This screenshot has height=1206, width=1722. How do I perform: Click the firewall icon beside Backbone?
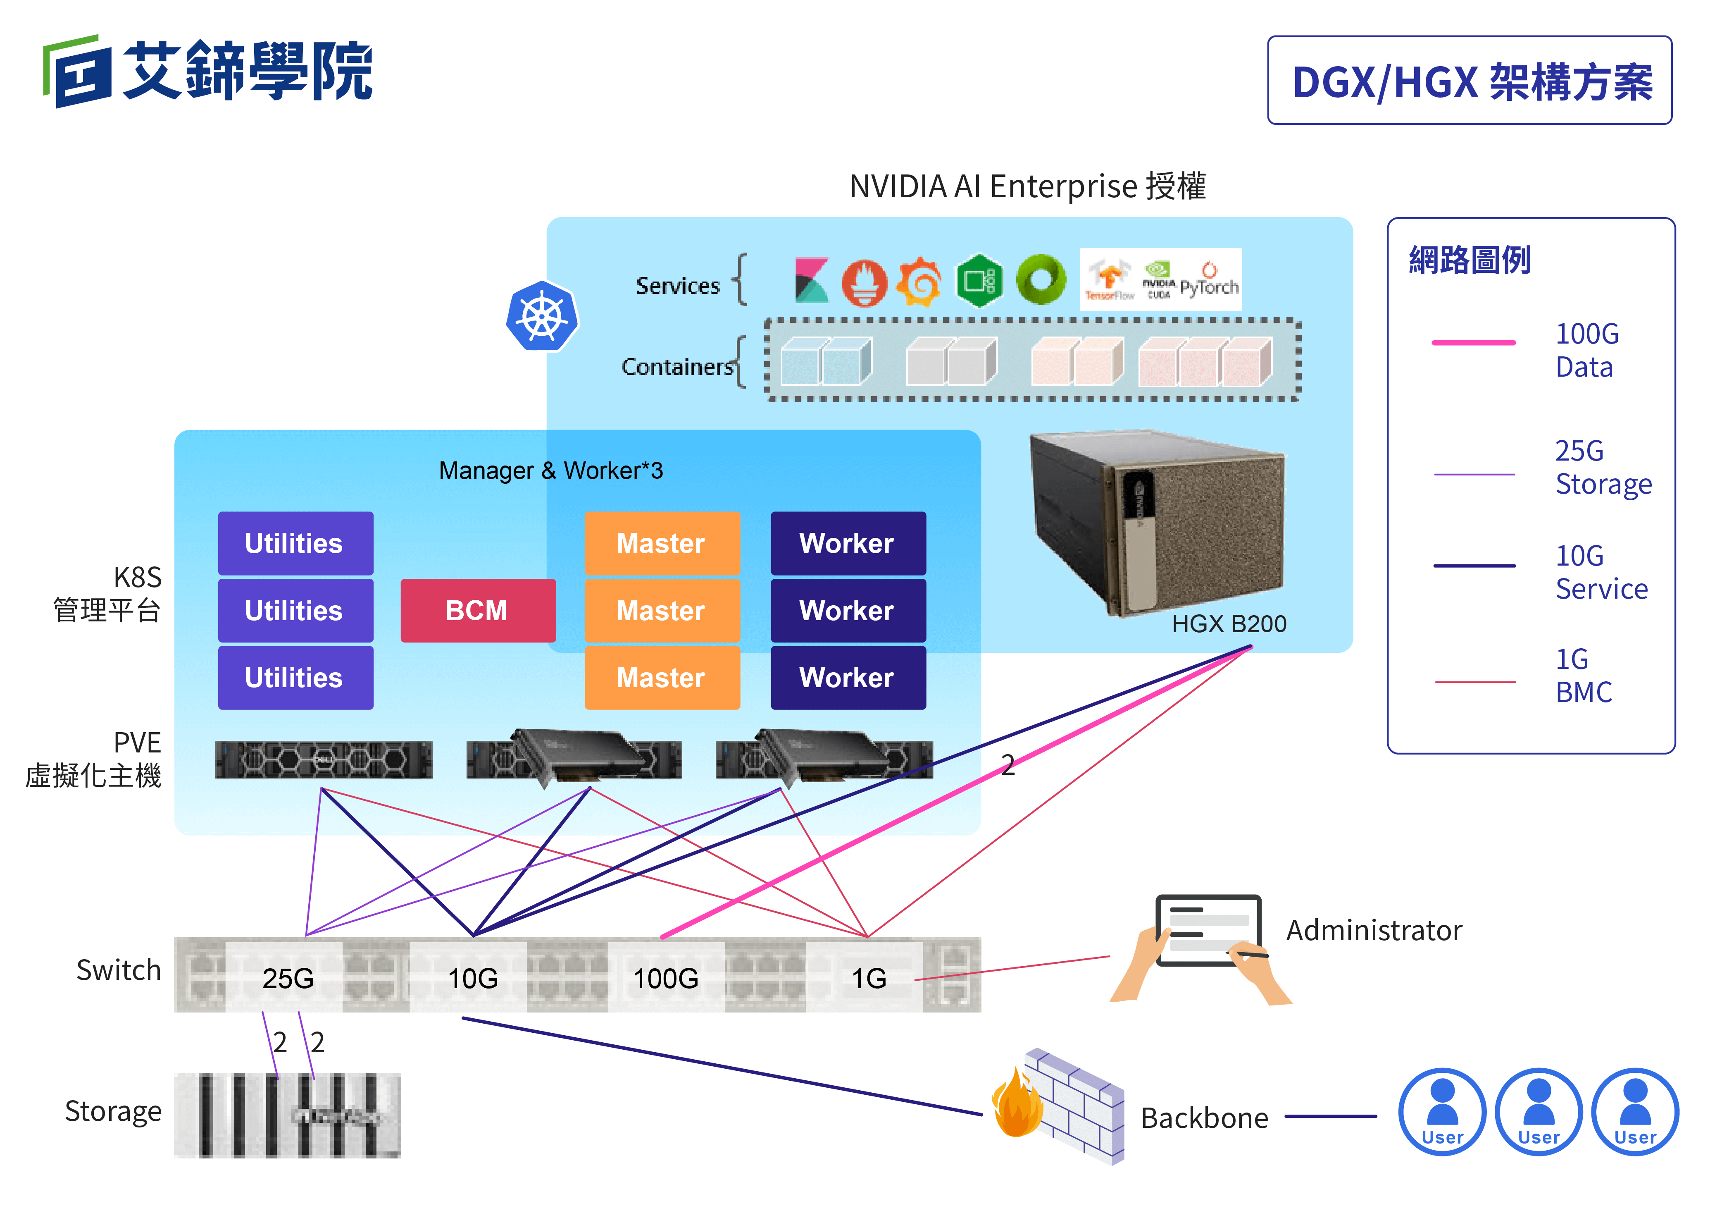tap(1057, 1106)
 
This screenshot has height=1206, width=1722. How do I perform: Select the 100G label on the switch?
tap(665, 978)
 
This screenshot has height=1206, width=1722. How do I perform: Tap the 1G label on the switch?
tap(869, 978)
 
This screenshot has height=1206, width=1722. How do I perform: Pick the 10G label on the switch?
tap(472, 978)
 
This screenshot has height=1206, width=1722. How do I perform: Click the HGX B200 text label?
tap(1229, 623)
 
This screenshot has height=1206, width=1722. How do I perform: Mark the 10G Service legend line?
tap(1474, 565)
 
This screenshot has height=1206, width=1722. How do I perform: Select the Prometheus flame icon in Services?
tap(864, 282)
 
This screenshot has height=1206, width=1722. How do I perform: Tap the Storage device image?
tap(287, 1115)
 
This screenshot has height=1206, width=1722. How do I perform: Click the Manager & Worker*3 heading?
tap(550, 470)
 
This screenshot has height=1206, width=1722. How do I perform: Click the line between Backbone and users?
tap(1331, 1116)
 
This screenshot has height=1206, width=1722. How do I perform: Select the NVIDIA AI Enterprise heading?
tap(1027, 186)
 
